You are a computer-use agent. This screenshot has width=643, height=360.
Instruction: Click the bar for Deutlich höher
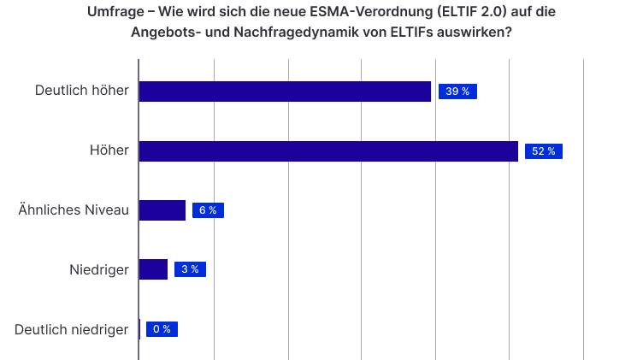click(286, 91)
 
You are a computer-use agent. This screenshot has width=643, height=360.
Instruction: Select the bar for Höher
click(328, 151)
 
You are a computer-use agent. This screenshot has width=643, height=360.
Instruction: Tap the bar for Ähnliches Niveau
click(162, 210)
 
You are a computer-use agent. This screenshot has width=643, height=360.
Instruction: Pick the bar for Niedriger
click(153, 269)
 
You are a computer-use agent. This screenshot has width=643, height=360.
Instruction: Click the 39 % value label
click(457, 91)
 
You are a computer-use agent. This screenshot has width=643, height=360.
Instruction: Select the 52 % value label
click(543, 151)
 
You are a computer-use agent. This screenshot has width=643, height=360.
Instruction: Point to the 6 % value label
click(208, 210)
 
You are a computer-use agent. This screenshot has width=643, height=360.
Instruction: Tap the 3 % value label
click(190, 269)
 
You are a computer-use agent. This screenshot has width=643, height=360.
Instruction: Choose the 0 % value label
click(162, 329)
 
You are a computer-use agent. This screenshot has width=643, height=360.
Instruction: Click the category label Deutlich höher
click(82, 91)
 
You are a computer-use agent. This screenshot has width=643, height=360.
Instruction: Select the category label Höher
click(109, 150)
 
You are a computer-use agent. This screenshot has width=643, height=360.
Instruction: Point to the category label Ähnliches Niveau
click(74, 210)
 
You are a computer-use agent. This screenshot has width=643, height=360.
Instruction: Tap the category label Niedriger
click(99, 270)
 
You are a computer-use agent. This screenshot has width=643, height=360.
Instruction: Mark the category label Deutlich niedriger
click(72, 329)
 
